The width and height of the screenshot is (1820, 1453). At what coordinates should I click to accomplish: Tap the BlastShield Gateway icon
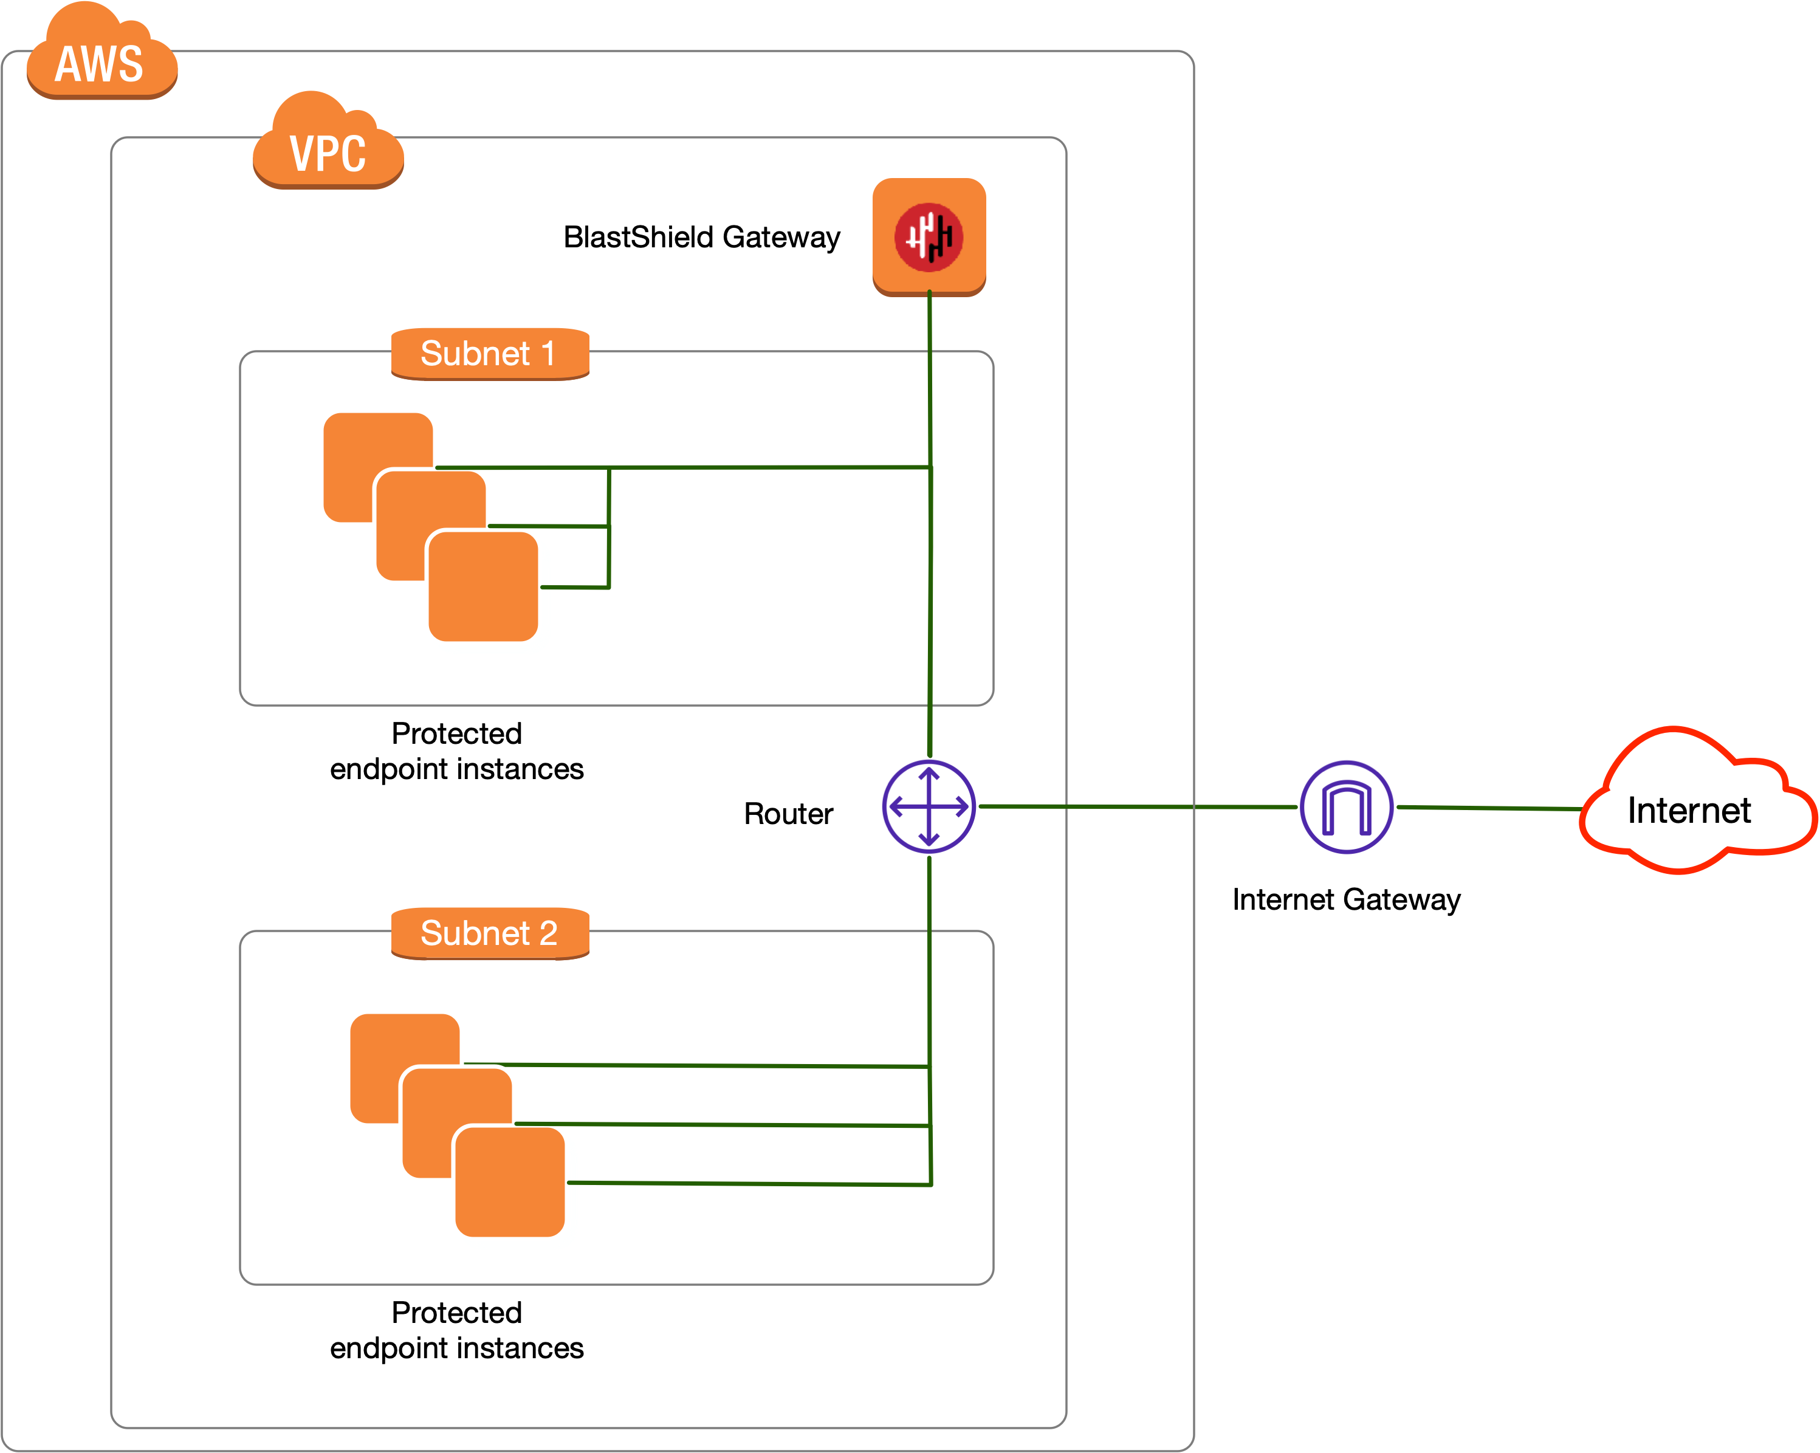[929, 236]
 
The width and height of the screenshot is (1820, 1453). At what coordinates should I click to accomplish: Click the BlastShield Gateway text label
[701, 237]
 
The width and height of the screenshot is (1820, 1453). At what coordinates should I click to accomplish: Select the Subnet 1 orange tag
[490, 354]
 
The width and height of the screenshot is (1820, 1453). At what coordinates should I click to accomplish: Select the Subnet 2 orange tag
[490, 933]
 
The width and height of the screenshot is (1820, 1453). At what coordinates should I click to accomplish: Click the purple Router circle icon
[929, 806]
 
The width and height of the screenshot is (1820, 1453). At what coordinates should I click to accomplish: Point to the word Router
[788, 814]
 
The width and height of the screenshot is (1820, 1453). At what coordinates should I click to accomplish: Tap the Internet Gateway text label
[1345, 899]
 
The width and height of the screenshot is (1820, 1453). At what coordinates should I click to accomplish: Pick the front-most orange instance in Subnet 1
[483, 591]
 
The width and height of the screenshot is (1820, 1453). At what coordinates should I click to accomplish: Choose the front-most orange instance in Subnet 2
[510, 1186]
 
